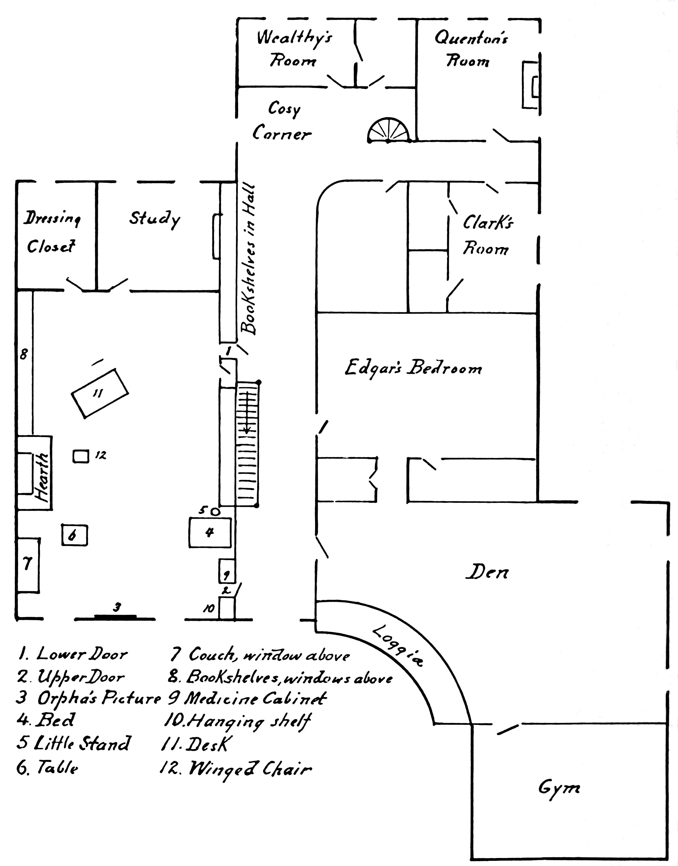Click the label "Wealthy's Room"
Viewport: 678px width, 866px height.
click(x=294, y=49)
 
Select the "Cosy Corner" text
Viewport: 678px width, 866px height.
click(x=282, y=121)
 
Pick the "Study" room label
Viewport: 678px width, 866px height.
click(x=154, y=219)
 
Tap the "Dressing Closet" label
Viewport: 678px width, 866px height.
click(x=52, y=232)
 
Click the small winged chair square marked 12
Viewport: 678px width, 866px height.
click(x=80, y=456)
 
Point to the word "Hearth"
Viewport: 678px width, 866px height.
click(x=42, y=477)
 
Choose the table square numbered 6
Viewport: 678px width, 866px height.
click(x=74, y=535)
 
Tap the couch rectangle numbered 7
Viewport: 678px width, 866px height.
click(x=28, y=565)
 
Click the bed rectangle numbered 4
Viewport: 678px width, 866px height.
click(x=210, y=532)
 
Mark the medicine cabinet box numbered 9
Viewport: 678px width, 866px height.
click(x=227, y=571)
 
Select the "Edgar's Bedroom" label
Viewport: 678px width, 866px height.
click(x=413, y=368)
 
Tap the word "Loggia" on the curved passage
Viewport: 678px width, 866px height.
click(x=399, y=646)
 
